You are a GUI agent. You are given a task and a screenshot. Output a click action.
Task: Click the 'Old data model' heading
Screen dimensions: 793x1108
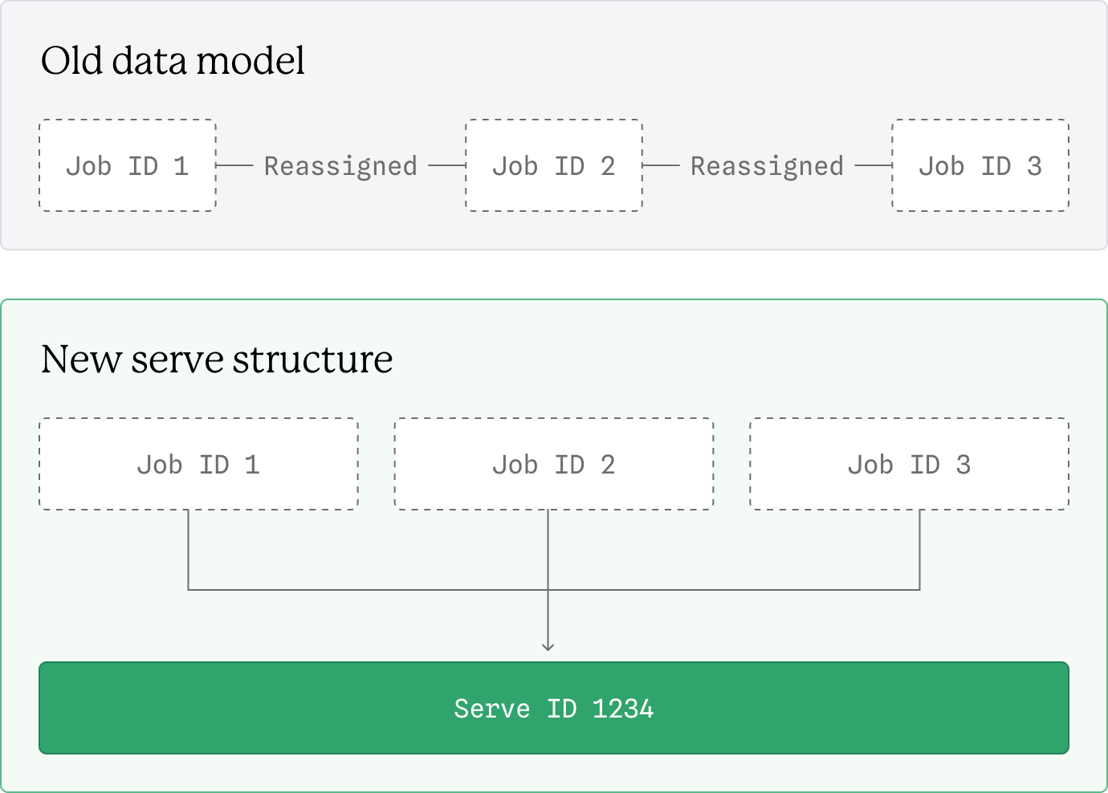[173, 61]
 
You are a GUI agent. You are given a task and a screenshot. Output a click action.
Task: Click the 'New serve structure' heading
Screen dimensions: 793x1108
[217, 359]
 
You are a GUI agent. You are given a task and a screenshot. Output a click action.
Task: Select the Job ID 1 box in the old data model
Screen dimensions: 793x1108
[128, 166]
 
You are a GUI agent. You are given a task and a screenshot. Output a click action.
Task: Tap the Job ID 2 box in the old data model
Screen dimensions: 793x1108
[554, 166]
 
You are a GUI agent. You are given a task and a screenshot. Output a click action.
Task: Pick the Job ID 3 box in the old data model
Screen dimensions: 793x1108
[980, 166]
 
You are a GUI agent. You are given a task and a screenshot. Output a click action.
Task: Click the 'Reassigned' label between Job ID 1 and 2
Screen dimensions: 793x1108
[340, 166]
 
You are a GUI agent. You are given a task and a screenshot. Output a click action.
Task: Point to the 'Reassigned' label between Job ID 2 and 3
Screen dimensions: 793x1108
[767, 166]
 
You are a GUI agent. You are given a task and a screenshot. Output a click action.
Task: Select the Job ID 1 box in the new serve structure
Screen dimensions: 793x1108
[198, 464]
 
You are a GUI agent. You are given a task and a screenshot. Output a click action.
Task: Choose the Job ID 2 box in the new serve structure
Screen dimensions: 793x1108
[554, 464]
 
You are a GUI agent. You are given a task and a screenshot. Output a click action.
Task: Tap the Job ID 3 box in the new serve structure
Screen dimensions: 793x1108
[909, 464]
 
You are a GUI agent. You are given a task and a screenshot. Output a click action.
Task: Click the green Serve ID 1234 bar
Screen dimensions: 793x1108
[554, 708]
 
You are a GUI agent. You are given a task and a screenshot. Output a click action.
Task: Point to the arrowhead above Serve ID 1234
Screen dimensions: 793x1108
[548, 646]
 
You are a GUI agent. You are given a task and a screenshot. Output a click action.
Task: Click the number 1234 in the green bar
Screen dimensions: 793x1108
[623, 709]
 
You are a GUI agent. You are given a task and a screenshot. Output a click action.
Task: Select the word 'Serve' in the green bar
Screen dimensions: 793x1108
[491, 709]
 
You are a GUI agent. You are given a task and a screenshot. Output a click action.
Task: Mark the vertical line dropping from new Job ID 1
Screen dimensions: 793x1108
[188, 550]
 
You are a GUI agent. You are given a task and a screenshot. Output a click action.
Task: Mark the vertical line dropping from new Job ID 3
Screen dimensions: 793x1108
[919, 550]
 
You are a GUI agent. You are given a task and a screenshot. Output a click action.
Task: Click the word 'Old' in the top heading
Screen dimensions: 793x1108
[71, 61]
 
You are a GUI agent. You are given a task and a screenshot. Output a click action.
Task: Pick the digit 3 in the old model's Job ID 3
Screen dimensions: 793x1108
[1034, 166]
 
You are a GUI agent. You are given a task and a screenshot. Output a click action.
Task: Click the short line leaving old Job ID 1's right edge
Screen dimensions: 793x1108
[234, 165]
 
